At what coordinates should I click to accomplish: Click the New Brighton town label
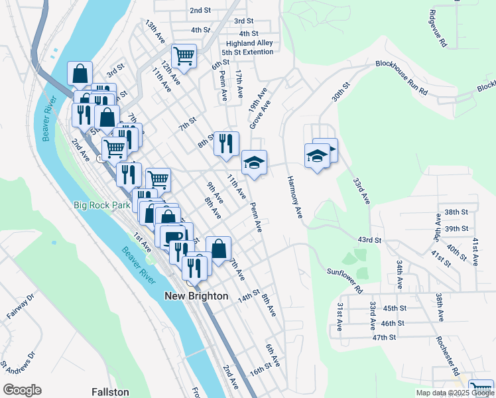pos(196,296)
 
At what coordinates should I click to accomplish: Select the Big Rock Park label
pos(102,205)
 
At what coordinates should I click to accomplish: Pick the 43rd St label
pos(369,239)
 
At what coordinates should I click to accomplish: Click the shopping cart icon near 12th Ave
pos(184,56)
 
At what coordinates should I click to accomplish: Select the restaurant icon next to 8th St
pos(226,143)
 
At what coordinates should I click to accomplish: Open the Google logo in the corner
pos(22,390)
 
